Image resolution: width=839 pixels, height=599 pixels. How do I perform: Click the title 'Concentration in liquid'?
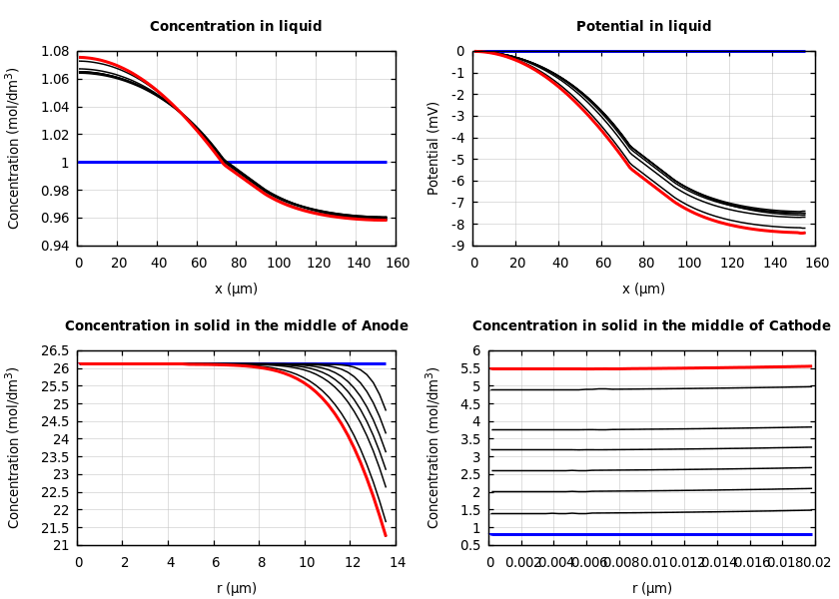coord(236,27)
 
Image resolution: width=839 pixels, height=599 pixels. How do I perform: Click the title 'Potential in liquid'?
coord(643,27)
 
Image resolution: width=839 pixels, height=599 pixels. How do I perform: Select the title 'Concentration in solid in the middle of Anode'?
coord(236,326)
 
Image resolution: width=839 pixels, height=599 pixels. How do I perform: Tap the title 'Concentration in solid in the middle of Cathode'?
coord(651,326)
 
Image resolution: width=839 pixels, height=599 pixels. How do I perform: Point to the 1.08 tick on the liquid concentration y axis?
coord(54,51)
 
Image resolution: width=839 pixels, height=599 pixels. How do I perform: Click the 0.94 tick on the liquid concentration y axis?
coord(54,246)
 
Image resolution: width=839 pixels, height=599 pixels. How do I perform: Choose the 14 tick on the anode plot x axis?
coord(397,563)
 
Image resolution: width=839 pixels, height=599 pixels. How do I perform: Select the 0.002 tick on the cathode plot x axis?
coord(523,563)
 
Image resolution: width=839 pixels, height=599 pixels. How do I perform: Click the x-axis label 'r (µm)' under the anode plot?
coord(236,588)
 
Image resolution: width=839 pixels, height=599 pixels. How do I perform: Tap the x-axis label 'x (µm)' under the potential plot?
coord(643,289)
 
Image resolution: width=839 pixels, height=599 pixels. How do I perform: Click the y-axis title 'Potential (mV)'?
coord(433,148)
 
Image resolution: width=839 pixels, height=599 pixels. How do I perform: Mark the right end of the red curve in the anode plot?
coord(386,536)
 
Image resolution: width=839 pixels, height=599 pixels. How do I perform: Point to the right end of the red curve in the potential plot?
coord(805,233)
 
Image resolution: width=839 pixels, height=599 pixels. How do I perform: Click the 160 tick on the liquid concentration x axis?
coord(397,264)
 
